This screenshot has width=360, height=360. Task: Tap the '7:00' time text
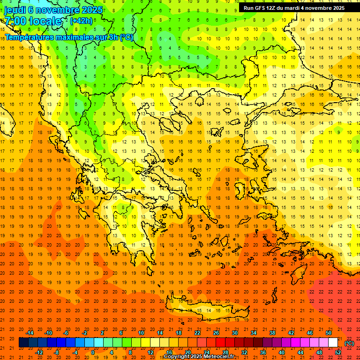pyautogui.click(x=15, y=21)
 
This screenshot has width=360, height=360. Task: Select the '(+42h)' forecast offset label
pyautogui.click(x=81, y=21)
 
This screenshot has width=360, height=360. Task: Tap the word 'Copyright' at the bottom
pyautogui.click(x=177, y=357)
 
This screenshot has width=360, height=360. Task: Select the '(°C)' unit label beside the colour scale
pyautogui.click(x=349, y=343)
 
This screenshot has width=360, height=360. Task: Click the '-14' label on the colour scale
pyautogui.click(x=30, y=333)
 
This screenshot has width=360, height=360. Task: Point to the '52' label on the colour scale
pyautogui.click(x=338, y=352)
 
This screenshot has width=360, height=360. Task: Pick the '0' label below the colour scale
pyautogui.click(x=93, y=352)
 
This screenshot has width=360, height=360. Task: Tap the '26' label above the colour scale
pyautogui.click(x=216, y=333)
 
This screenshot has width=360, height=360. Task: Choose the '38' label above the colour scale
pyautogui.click(x=272, y=333)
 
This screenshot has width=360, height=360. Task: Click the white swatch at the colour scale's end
pyautogui.click(x=333, y=343)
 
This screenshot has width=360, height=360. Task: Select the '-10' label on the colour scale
pyautogui.click(x=48, y=333)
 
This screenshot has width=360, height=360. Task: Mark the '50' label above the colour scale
pyautogui.click(x=328, y=333)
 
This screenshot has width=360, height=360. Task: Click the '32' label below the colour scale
pyautogui.click(x=244, y=352)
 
